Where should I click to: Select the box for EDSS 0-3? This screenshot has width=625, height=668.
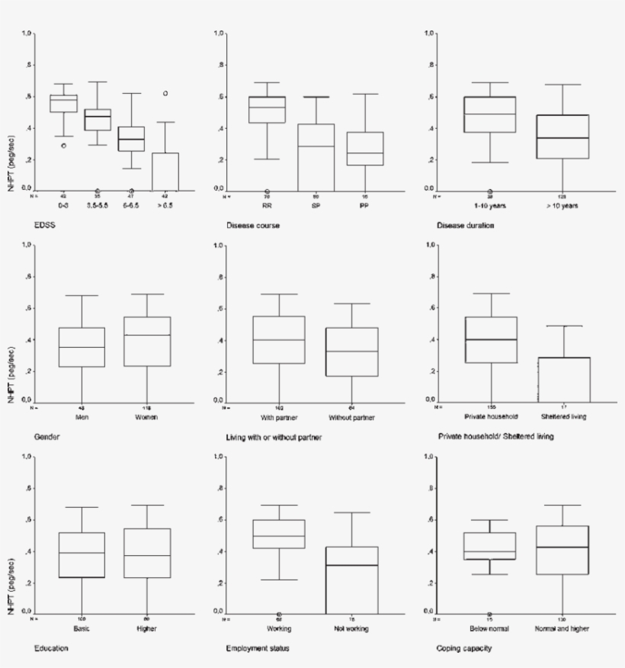(x=63, y=103)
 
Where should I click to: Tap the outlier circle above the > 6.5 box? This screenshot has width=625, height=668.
(x=165, y=94)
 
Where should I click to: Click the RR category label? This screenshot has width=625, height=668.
(x=267, y=205)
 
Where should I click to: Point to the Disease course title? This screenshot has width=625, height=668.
(x=253, y=226)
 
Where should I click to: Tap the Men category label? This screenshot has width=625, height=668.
(x=82, y=417)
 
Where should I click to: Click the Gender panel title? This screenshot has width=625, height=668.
(x=47, y=437)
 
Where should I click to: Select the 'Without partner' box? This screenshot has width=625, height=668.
(x=351, y=352)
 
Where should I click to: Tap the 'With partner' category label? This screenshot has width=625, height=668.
(x=280, y=417)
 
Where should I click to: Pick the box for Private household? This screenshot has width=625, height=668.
(x=490, y=340)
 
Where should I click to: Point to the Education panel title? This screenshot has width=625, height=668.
(x=51, y=648)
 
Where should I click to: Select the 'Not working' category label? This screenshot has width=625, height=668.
(x=351, y=628)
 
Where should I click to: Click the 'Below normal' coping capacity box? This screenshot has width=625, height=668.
(x=490, y=546)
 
